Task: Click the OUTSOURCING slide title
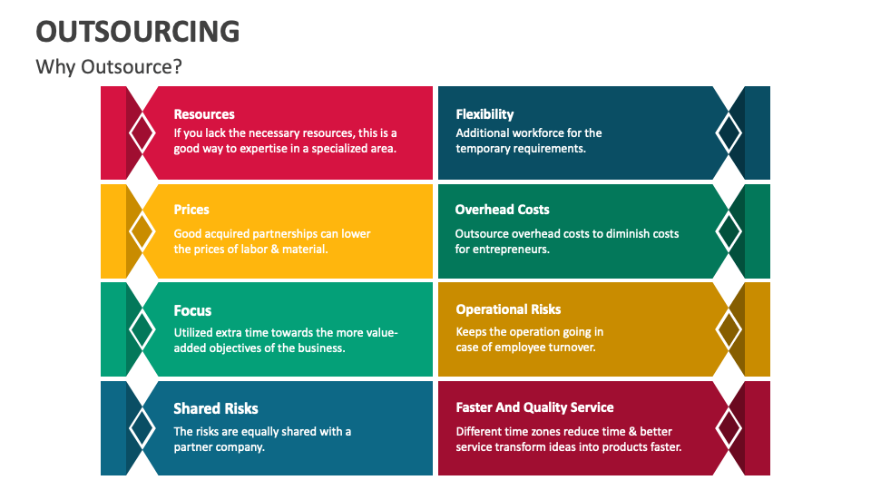tap(138, 31)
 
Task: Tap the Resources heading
tap(204, 114)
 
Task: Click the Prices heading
tap(191, 210)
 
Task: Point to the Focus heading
tap(192, 310)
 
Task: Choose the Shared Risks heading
tap(216, 408)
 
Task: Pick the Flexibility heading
tap(484, 114)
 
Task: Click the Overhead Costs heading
tap(502, 210)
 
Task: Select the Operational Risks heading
tap(508, 309)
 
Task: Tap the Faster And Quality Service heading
tap(534, 407)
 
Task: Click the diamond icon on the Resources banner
tap(142, 132)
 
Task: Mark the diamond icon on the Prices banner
tap(142, 231)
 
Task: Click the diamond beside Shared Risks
tap(142, 426)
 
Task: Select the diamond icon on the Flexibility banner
tap(729, 132)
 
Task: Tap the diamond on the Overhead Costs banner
tap(729, 231)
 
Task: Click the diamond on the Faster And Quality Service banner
tap(729, 426)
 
